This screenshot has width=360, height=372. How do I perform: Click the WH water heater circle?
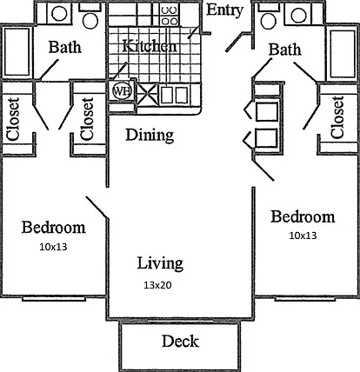click(x=122, y=91)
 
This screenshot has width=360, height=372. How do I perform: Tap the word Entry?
click(x=224, y=10)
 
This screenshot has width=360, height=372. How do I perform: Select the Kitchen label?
click(x=150, y=46)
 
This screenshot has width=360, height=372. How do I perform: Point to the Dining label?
click(x=150, y=135)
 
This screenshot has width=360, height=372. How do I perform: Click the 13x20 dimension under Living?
click(x=157, y=285)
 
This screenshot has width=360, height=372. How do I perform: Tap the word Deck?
click(x=180, y=341)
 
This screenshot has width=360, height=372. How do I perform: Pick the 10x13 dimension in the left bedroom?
click(x=53, y=247)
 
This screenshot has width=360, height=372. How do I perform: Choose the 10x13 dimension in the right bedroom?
click(x=303, y=236)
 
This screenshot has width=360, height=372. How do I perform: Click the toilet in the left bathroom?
click(x=90, y=18)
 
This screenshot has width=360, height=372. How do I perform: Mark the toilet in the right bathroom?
click(x=269, y=18)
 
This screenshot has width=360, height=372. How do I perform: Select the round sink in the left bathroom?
click(x=59, y=14)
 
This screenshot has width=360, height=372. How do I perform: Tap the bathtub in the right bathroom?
click(x=343, y=54)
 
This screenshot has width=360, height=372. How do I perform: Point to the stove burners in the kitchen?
click(x=170, y=16)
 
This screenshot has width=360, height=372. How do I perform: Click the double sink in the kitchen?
click(x=174, y=95)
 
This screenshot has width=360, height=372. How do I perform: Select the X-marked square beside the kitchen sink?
click(x=148, y=95)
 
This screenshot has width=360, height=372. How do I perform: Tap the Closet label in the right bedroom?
click(x=338, y=117)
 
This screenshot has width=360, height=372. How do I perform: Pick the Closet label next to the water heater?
click(x=87, y=118)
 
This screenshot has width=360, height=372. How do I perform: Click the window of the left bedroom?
click(x=54, y=299)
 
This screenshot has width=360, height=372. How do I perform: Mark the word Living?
click(x=160, y=263)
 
